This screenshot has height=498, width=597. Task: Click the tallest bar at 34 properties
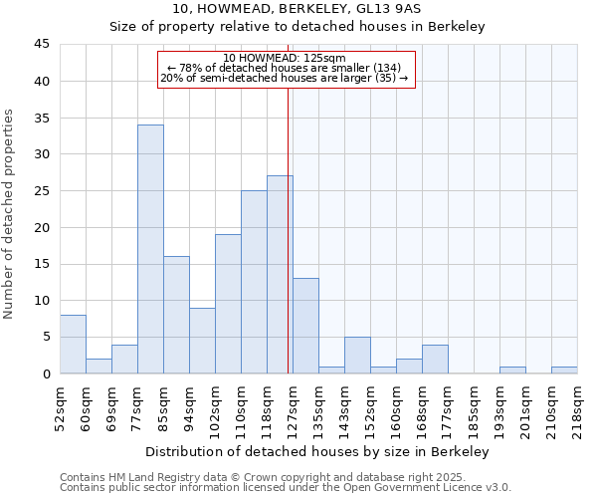pos(150,249)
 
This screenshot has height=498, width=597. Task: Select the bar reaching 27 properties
pos(280,275)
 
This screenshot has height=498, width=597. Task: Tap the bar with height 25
pos(254,282)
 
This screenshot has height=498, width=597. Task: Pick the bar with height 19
pos(228,304)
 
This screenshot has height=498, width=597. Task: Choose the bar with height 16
pos(176,315)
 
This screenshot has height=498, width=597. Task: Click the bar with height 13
pos(305,326)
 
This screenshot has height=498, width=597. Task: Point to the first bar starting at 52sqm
pos(73,345)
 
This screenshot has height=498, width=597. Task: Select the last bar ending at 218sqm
pos(564,371)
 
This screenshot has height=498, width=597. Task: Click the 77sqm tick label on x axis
pos(137,406)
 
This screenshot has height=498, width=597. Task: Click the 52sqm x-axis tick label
pos(60,406)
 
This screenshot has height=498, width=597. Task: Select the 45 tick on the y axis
pos(42,45)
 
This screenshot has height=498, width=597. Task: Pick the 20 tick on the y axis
pos(42,227)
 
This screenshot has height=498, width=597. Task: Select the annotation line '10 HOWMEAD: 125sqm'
pos(285,58)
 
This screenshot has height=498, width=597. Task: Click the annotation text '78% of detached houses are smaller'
pos(285,68)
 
